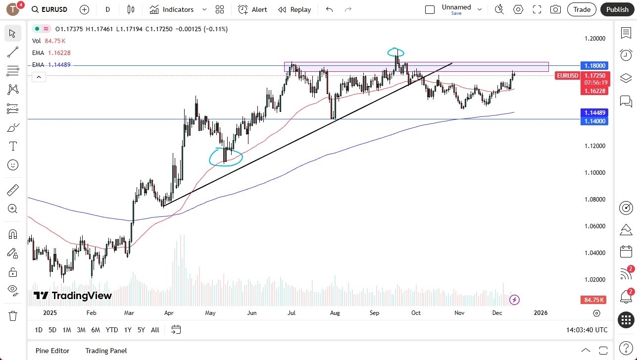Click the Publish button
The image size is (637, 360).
[617, 9]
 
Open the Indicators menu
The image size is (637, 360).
[172, 9]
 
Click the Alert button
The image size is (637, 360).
[252, 9]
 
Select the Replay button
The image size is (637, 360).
[294, 9]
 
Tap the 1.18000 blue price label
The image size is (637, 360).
[594, 65]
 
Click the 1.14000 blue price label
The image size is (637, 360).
[594, 121]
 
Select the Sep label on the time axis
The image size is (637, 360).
[374, 313]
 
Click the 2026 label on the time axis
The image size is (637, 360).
[540, 313]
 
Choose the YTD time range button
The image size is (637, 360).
[112, 330]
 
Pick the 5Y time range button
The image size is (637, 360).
[141, 330]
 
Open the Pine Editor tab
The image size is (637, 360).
[52, 351]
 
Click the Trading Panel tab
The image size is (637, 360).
[106, 351]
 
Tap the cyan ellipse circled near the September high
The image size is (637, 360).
[395, 52]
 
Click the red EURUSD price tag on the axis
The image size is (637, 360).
[567, 76]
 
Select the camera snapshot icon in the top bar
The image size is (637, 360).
[555, 9]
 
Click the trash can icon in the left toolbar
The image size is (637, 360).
[13, 316]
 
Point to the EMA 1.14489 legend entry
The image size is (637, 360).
[51, 65]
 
